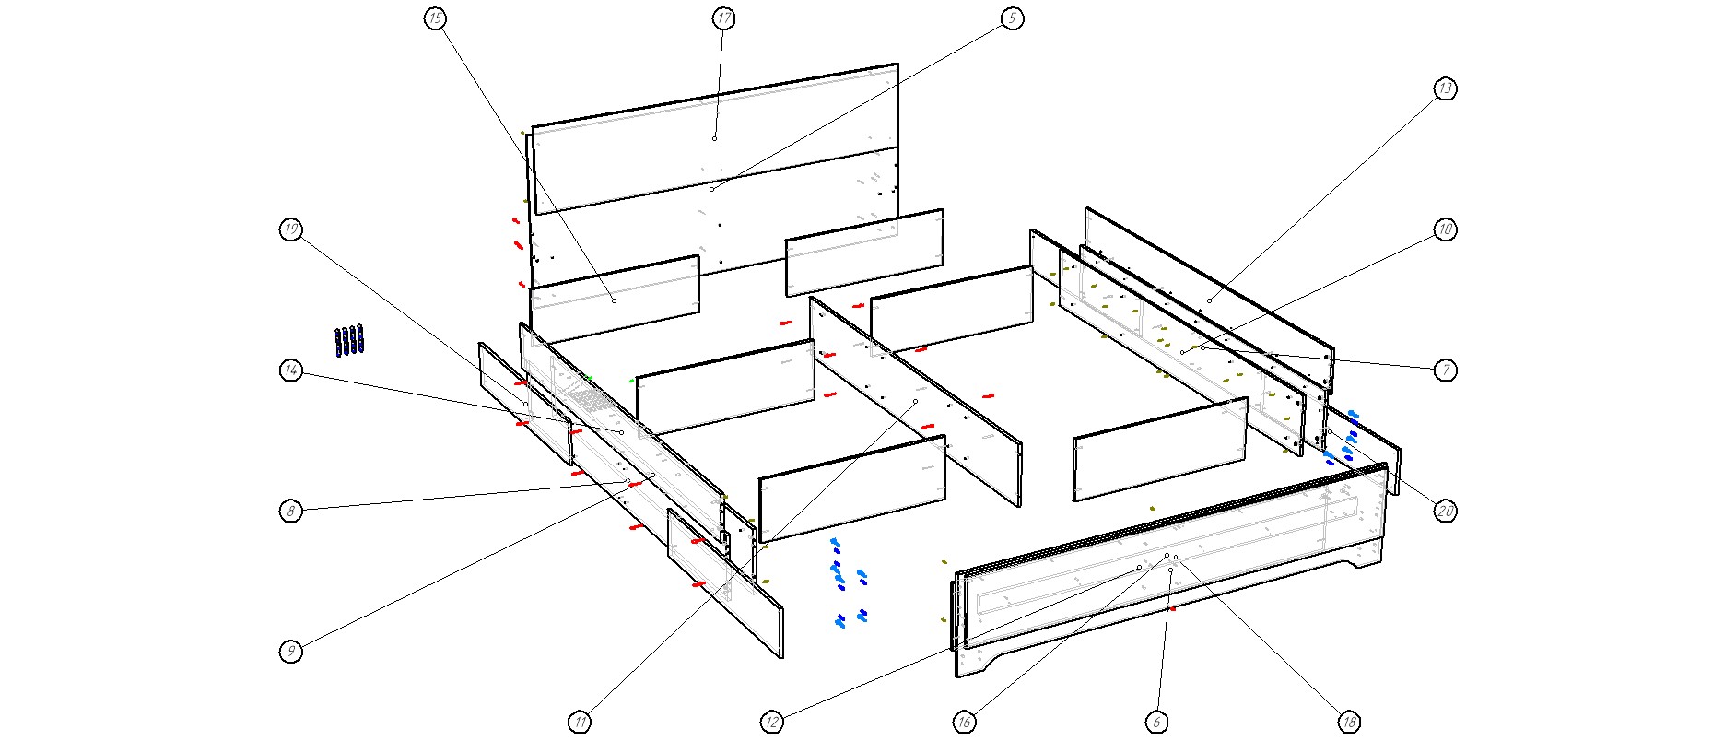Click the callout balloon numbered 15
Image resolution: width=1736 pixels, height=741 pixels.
point(436,18)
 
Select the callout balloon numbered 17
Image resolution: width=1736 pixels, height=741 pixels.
point(724,18)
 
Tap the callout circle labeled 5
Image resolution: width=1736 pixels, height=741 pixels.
point(1013,18)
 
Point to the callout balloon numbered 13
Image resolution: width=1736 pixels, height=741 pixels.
point(1446,88)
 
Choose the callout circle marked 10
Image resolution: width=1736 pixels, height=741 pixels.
point(1446,229)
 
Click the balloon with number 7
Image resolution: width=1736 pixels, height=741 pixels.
point(1446,370)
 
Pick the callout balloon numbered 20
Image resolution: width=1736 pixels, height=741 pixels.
point(1446,511)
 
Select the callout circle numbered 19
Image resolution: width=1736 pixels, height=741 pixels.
point(291,229)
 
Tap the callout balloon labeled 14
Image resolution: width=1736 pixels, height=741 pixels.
point(291,370)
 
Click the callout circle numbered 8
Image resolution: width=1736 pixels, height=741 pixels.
point(291,511)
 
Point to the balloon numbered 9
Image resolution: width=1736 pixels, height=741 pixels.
point(291,652)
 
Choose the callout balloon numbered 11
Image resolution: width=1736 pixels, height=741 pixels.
point(580,722)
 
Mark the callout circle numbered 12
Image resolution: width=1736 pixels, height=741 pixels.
point(772,722)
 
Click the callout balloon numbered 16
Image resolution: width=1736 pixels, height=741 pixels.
point(965,722)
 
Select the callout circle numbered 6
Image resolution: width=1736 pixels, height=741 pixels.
point(1156,722)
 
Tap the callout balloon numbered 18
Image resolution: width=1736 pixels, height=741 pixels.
point(1349,722)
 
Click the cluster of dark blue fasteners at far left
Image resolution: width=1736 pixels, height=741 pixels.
point(349,340)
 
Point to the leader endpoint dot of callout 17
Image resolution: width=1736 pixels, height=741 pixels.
point(714,138)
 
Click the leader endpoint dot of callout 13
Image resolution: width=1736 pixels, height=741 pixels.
point(1209,300)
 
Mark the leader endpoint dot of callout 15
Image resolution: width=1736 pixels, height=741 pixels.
point(614,300)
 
